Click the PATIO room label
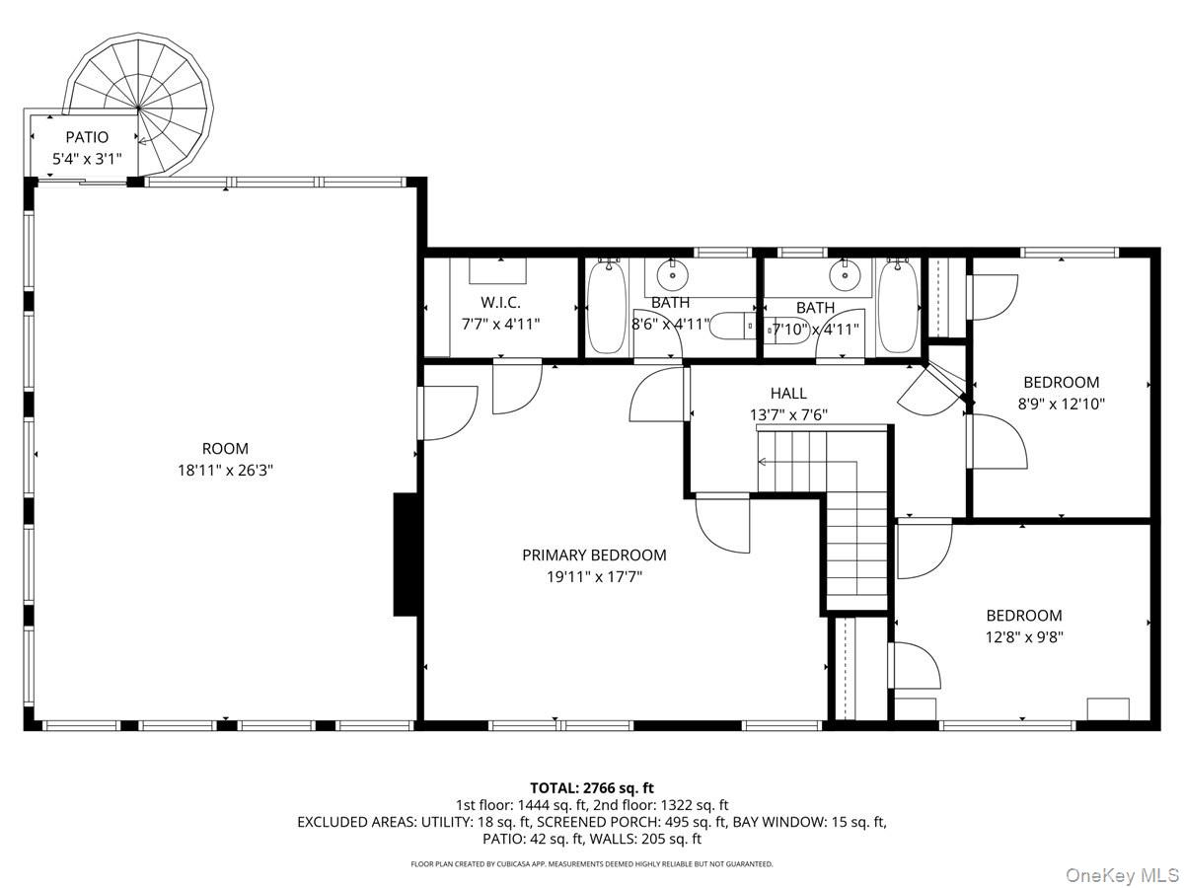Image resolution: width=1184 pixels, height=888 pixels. click(x=87, y=137)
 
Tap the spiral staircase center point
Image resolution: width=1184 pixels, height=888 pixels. click(x=139, y=109)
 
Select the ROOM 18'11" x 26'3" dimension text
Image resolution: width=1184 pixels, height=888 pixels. click(x=226, y=471)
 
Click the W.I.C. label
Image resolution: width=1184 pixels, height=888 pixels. click(x=500, y=301)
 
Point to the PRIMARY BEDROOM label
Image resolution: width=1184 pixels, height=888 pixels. click(x=594, y=555)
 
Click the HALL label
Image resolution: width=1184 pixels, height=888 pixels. click(x=788, y=393)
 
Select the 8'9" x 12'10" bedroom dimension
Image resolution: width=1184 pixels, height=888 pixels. click(x=1061, y=404)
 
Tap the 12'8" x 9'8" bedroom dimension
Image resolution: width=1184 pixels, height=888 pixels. click(x=1024, y=637)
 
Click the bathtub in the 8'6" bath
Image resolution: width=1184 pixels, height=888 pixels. click(x=607, y=307)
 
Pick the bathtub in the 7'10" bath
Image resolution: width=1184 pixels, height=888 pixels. click(x=898, y=307)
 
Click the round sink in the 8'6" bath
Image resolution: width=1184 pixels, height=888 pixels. click(x=673, y=275)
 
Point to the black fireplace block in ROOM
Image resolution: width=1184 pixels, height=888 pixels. click(x=406, y=555)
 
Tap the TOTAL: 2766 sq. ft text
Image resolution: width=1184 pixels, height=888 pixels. click(x=592, y=788)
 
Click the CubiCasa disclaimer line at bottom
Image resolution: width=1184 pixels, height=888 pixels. click(x=592, y=864)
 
